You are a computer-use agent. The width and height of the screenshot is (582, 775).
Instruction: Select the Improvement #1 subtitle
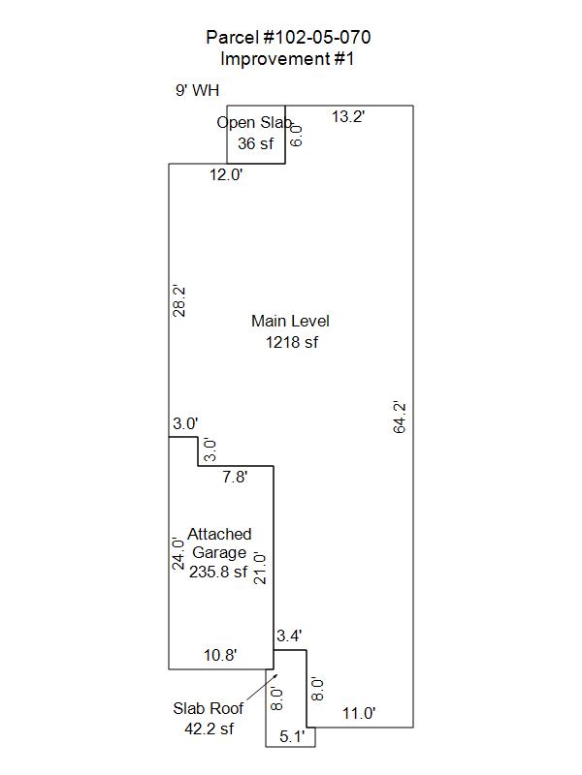click(x=287, y=59)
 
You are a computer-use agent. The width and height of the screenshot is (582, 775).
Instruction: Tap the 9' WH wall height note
click(x=197, y=90)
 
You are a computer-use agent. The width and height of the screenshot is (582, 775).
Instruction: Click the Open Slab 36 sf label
click(x=255, y=133)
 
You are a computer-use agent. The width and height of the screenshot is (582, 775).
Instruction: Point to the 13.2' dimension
click(x=348, y=116)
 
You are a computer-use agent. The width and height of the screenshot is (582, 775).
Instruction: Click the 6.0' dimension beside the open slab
click(x=296, y=135)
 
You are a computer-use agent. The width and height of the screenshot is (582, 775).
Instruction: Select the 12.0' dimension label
click(x=226, y=174)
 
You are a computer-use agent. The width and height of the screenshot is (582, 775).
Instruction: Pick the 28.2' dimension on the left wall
click(x=178, y=300)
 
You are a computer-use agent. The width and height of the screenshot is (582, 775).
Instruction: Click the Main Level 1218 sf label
click(x=290, y=331)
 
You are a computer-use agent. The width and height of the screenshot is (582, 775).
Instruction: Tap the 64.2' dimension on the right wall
click(x=399, y=418)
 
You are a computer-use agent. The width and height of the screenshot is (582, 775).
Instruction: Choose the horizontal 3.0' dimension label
click(x=185, y=423)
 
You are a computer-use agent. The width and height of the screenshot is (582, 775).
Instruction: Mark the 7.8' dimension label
click(x=235, y=477)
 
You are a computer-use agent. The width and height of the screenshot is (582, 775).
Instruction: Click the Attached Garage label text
click(x=219, y=542)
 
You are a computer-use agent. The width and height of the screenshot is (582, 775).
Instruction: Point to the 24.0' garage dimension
click(x=178, y=553)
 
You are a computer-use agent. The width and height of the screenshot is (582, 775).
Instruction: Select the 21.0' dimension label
click(x=260, y=569)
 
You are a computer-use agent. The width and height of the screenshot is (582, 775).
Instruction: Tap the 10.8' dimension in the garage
click(x=220, y=655)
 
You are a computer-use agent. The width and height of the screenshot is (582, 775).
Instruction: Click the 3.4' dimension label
click(x=289, y=635)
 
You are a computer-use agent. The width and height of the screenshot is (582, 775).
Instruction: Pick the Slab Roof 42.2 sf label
click(x=209, y=718)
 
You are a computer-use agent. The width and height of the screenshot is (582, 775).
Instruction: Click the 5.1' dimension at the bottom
click(x=292, y=736)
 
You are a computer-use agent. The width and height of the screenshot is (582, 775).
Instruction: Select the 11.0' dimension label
click(x=359, y=713)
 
